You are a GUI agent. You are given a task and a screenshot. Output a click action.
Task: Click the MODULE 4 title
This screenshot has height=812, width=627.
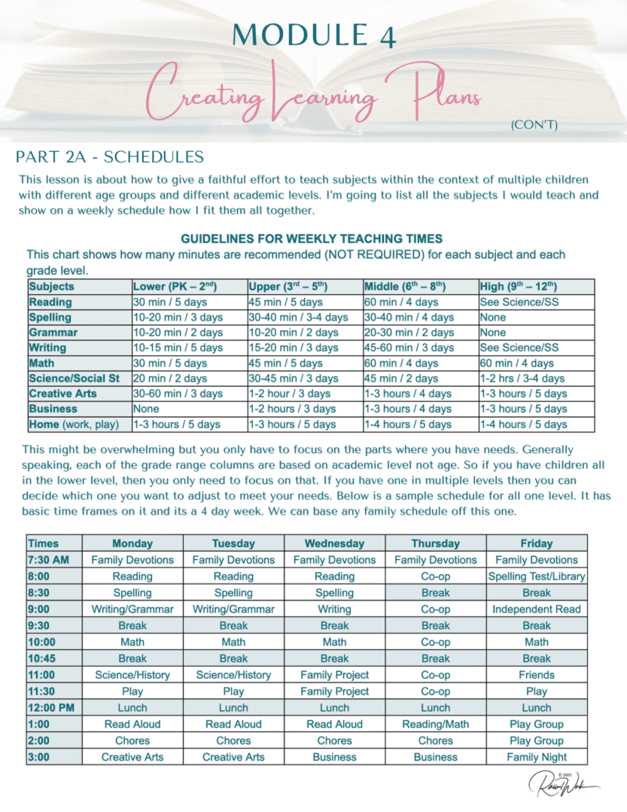(313, 35)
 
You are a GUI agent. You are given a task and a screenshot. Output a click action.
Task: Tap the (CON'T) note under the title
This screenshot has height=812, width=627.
(534, 125)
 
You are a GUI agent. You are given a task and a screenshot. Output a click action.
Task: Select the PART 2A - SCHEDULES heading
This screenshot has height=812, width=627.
(110, 157)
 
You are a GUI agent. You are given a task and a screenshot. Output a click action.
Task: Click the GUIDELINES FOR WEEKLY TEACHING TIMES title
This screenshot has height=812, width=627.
(311, 239)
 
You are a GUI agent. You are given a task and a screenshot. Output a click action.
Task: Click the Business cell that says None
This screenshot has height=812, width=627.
(146, 409)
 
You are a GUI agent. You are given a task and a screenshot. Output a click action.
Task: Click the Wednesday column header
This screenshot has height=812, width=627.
(334, 543)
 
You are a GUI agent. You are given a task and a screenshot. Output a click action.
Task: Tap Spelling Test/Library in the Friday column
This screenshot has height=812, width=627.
(537, 576)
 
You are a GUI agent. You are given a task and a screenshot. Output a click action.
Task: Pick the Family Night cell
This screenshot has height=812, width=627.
(537, 757)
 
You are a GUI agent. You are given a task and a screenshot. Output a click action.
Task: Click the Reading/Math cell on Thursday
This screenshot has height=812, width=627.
(436, 724)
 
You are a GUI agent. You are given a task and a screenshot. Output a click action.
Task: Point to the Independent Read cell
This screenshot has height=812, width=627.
(537, 609)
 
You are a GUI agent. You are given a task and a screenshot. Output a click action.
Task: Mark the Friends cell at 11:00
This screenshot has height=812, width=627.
(537, 675)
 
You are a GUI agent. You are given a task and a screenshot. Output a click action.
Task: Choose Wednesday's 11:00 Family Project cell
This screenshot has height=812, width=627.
(334, 675)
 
